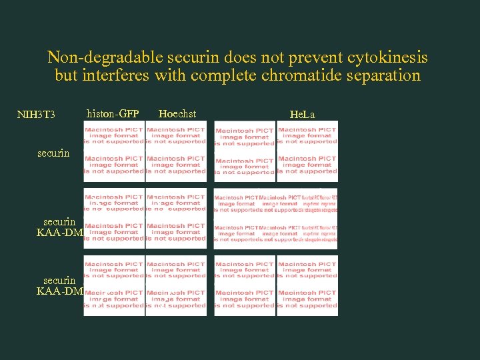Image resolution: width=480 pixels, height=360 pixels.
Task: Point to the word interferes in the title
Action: [116, 75]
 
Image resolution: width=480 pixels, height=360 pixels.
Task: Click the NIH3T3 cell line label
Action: [36, 115]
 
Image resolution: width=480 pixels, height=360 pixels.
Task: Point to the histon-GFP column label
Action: [113, 113]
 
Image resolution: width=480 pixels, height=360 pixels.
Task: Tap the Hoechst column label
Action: [177, 113]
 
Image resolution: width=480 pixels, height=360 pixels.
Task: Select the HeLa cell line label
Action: [303, 115]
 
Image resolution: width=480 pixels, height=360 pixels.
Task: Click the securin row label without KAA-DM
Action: [53, 153]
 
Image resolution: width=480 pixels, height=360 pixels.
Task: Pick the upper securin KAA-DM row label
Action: [59, 227]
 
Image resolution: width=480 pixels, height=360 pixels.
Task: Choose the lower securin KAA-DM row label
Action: [59, 285]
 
